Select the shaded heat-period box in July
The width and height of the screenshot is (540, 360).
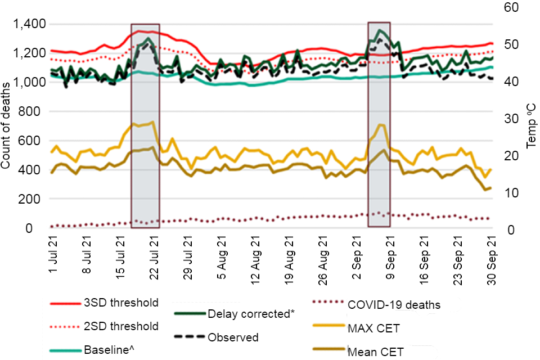coord(145,126)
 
